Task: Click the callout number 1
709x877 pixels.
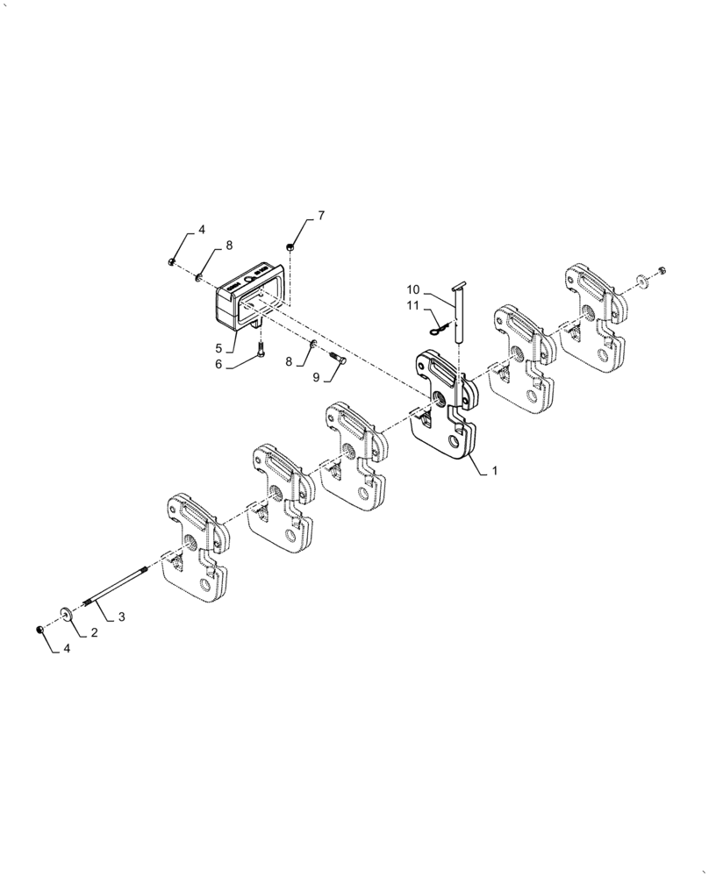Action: tap(494, 471)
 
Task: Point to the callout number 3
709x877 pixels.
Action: tap(121, 617)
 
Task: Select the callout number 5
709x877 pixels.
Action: tap(217, 346)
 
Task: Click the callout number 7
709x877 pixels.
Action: tap(320, 216)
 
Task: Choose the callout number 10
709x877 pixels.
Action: tap(413, 290)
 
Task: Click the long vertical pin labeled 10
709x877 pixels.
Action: tap(459, 316)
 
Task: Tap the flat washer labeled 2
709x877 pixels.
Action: tap(67, 612)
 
